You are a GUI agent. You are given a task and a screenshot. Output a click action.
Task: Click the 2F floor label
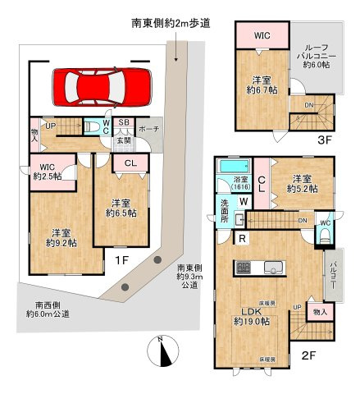[308, 355]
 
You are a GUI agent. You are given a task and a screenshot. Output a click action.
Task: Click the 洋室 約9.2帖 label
[61, 237]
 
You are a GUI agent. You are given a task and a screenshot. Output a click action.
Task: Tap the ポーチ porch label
[149, 129]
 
